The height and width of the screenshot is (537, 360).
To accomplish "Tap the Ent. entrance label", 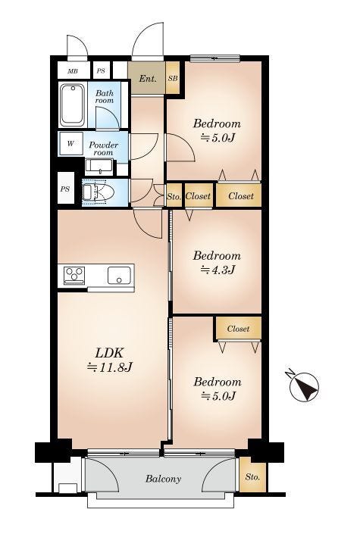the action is pos(148,79).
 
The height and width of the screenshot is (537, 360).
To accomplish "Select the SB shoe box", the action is pos(173,78).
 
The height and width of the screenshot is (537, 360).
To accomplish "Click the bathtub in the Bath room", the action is pos(73,105).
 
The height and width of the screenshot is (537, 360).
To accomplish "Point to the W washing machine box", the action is pos(70,143).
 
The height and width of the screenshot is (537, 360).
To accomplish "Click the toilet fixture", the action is pos(98,192).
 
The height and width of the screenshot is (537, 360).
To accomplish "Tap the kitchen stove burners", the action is pos(74,275).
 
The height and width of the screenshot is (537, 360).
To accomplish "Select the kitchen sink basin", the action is pos(119,275).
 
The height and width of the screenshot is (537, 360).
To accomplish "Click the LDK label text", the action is pos(108,352).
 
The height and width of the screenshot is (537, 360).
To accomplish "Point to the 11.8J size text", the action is pos(110,367).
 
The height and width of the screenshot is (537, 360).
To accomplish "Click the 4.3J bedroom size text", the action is pos(218,270).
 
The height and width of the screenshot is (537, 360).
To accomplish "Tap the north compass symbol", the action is pos(304,386).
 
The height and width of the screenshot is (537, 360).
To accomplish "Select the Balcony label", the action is pos(163,479).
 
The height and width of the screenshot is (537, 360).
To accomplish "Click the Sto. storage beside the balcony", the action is pos(252,476).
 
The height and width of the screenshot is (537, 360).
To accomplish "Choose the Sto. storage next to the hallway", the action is pos(174,196).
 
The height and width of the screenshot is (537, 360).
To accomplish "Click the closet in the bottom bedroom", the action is pos(239,329).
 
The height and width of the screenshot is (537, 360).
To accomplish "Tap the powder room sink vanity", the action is pos(99,167).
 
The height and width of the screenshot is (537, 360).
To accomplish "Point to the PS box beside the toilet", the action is pos(65,189).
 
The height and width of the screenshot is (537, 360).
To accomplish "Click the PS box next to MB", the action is pos(101,71).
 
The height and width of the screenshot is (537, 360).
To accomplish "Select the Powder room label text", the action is pos(103,148).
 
